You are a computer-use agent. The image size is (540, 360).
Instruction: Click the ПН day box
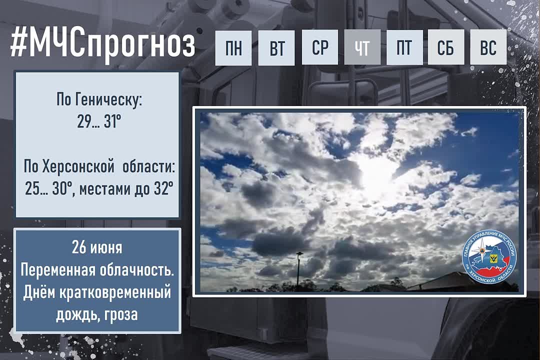point(233,47)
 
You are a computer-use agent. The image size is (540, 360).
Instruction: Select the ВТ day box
point(276,47)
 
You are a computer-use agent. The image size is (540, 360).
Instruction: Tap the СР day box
point(320,47)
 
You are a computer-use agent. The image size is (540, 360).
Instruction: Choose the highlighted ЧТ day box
point(362,47)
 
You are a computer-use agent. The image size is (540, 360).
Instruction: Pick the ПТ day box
point(404,47)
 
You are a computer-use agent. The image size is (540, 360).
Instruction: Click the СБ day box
point(446,47)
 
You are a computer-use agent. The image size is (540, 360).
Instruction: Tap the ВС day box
point(488,47)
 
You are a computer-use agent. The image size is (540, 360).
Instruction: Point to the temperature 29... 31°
point(99,121)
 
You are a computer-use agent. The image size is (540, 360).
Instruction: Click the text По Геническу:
point(99,100)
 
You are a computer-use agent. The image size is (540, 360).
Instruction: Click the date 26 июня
point(97,247)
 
